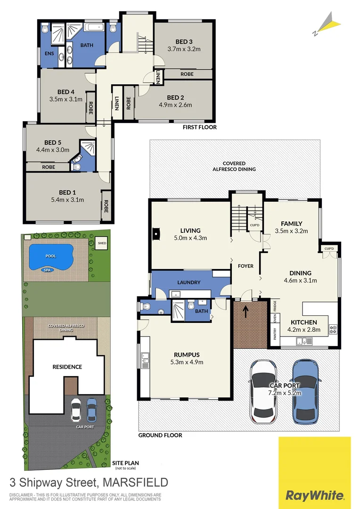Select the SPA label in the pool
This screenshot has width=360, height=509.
(x=47, y=270)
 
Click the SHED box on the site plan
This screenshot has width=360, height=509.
(x=101, y=243)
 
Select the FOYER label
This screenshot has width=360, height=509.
(x=245, y=266)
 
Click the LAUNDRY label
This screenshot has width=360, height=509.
(x=189, y=283)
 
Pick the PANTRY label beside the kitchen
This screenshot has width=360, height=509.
(x=275, y=334)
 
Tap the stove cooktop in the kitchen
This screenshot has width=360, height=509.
(x=333, y=329)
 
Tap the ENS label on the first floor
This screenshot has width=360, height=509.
(x=49, y=53)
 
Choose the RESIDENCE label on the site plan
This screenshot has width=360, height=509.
(x=67, y=367)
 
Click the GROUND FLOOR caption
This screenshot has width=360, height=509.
(x=160, y=435)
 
